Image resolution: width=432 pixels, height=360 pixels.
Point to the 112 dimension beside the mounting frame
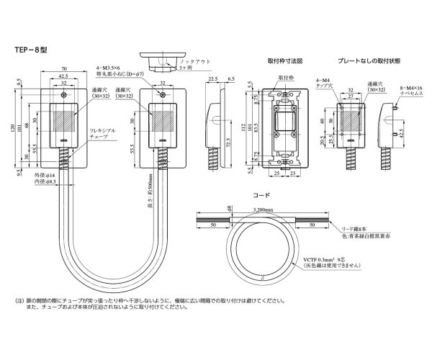tap(245, 130)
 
